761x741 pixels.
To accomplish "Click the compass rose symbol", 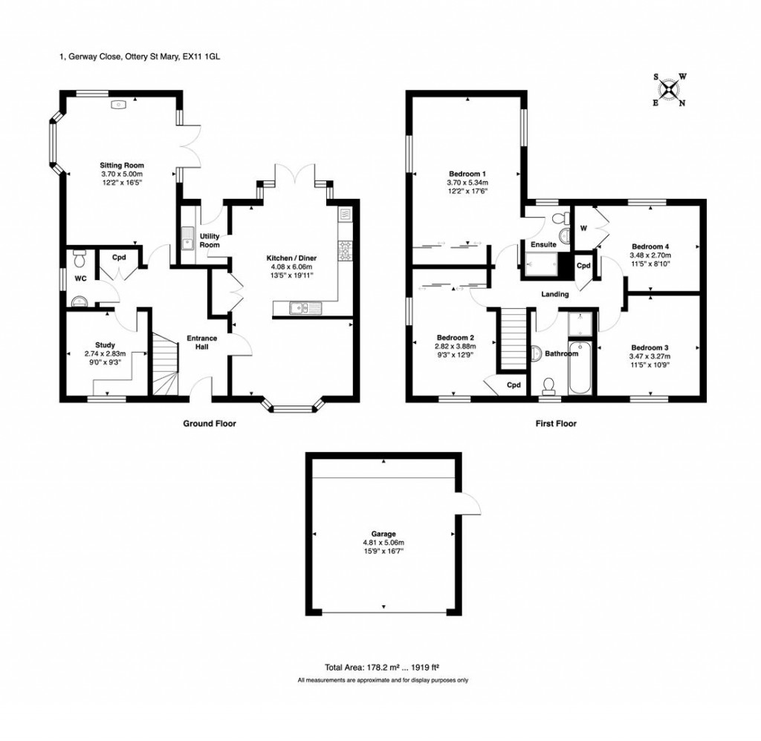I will (x=670, y=90).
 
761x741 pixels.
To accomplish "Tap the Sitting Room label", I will (x=122, y=165).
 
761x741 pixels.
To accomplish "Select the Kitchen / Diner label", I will (x=291, y=258).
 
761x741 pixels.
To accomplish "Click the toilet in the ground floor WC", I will (x=80, y=258).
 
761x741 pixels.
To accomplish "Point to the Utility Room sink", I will (x=186, y=238).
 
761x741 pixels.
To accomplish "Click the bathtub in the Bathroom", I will (x=580, y=368).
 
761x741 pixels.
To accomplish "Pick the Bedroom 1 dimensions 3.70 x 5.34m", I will (x=467, y=182).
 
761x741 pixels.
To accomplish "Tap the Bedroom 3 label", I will (x=650, y=347).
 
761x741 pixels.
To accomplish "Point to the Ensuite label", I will (x=543, y=244).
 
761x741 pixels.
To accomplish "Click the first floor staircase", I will (x=511, y=339).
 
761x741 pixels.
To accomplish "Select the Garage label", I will (x=383, y=533).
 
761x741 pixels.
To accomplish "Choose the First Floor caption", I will (x=555, y=423).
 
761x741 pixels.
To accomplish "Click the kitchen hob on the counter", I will (x=346, y=250).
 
